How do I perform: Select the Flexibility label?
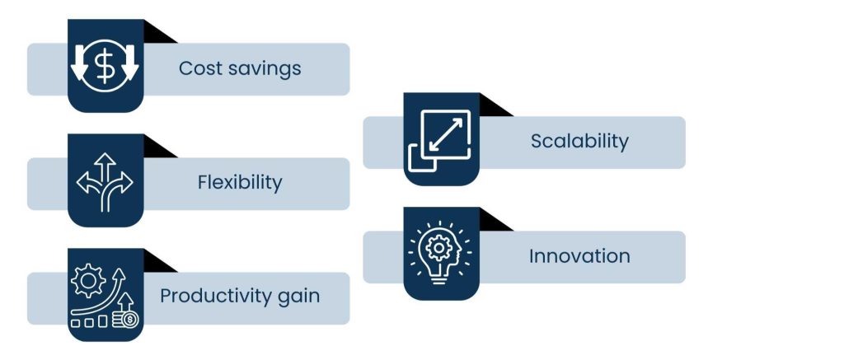pos(240,184)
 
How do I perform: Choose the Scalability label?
pos(579,142)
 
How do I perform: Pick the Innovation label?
pos(579,256)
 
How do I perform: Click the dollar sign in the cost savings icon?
pos(105,66)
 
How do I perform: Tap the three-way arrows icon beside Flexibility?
pos(105,182)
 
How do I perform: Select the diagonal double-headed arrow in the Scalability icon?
pos(446,134)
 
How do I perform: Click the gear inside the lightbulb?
pos(438,248)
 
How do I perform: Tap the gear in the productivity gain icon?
pos(88,280)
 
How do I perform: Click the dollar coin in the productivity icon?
pos(129,320)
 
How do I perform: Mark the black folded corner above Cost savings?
pos(160,32)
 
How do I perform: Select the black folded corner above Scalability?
pos(495,105)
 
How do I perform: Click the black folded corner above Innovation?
pos(495,220)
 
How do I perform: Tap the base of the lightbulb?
pos(438,278)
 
